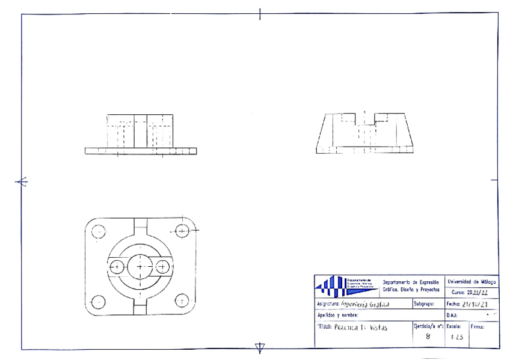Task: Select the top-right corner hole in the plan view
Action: click(182, 230)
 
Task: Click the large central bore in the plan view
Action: click(140, 265)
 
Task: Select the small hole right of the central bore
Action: click(162, 266)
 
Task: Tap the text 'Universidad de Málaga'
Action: click(472, 281)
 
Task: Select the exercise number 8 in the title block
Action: click(428, 337)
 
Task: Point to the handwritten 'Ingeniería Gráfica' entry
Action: click(364, 304)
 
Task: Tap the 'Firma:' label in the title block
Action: click(478, 327)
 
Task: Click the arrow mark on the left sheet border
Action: click(22, 182)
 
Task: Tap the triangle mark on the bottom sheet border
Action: click(260, 347)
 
